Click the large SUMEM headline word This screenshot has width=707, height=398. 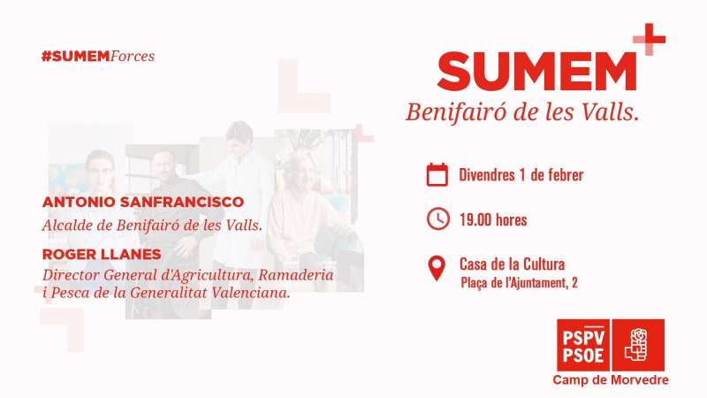[x=536, y=72]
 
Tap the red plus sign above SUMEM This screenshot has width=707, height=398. [x=650, y=39]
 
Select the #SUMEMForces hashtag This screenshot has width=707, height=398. [x=98, y=57]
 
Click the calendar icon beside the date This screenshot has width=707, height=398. [x=437, y=174]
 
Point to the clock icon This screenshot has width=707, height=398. [x=437, y=219]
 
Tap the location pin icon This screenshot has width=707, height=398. [x=437, y=268]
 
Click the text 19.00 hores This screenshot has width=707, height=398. [x=493, y=219]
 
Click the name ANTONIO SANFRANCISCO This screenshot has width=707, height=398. [x=143, y=202]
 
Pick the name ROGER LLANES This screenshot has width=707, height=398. [x=102, y=255]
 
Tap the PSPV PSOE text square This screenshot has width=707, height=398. [x=583, y=345]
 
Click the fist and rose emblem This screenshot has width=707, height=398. [x=637, y=345]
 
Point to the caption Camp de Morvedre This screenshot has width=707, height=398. [x=611, y=380]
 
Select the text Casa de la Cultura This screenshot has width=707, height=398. [x=512, y=264]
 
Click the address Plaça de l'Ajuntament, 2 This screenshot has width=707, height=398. [x=519, y=283]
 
